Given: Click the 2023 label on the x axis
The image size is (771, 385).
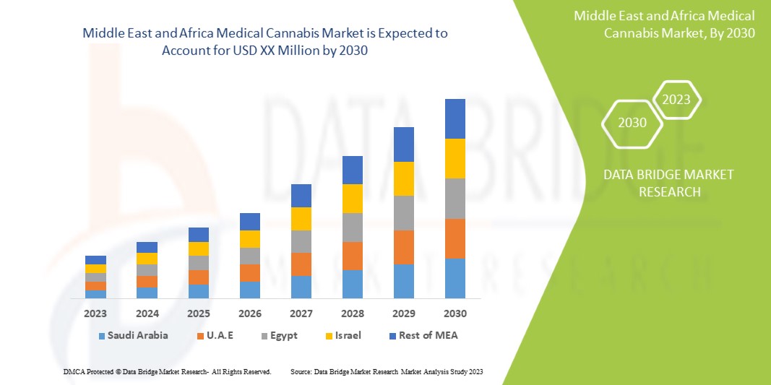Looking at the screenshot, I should click(x=95, y=313).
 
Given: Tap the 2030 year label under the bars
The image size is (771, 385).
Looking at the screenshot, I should click(x=455, y=313).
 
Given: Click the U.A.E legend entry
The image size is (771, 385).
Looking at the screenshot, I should click(x=219, y=335).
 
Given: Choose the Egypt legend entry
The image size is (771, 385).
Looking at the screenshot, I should click(x=283, y=335).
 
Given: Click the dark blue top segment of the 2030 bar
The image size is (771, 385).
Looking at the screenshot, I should click(x=455, y=118).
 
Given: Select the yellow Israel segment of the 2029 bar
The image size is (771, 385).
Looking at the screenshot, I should click(x=403, y=178).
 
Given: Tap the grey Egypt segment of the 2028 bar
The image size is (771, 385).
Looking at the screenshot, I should click(x=352, y=227).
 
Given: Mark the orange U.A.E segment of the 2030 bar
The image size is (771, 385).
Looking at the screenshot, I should click(x=455, y=238).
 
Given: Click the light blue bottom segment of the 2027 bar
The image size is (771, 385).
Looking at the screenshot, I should click(x=301, y=287).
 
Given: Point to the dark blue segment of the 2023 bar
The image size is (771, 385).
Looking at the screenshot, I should click(x=95, y=260).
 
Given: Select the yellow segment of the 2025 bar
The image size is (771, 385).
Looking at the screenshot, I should click(x=198, y=248).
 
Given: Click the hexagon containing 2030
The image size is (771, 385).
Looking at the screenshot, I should click(x=632, y=123).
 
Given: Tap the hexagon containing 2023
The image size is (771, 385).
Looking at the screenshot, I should click(x=676, y=100).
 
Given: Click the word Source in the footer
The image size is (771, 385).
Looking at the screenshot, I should click(x=300, y=371).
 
